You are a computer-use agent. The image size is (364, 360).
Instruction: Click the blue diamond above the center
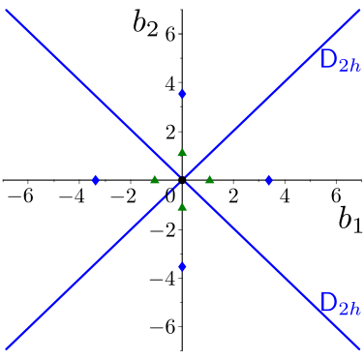coord(182,94)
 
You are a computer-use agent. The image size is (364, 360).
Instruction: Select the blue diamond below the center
coord(182,266)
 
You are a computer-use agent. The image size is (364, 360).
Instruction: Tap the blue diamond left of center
coord(96,180)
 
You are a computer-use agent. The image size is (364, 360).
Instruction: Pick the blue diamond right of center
coord(268,180)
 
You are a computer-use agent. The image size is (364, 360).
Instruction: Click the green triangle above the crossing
coord(182,153)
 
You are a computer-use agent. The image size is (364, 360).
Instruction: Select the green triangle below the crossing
coord(182,206)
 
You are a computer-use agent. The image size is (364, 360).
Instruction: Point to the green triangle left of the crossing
coord(155,179)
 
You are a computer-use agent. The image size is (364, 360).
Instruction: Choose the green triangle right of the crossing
coord(209,179)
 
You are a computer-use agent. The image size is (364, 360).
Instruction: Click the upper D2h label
coord(340,62)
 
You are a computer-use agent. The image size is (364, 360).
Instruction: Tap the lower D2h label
coord(340,304)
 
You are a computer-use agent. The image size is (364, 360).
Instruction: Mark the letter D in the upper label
coord(328,59)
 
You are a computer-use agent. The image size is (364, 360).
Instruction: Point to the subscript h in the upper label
coord(355,66)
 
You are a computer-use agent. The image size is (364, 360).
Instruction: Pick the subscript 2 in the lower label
coord(344,309)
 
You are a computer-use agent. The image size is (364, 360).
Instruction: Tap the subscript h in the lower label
coord(355,308)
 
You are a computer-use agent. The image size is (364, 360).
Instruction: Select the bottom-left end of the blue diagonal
coord(8,346)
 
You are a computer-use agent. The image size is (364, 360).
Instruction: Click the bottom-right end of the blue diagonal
coord(359,346)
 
